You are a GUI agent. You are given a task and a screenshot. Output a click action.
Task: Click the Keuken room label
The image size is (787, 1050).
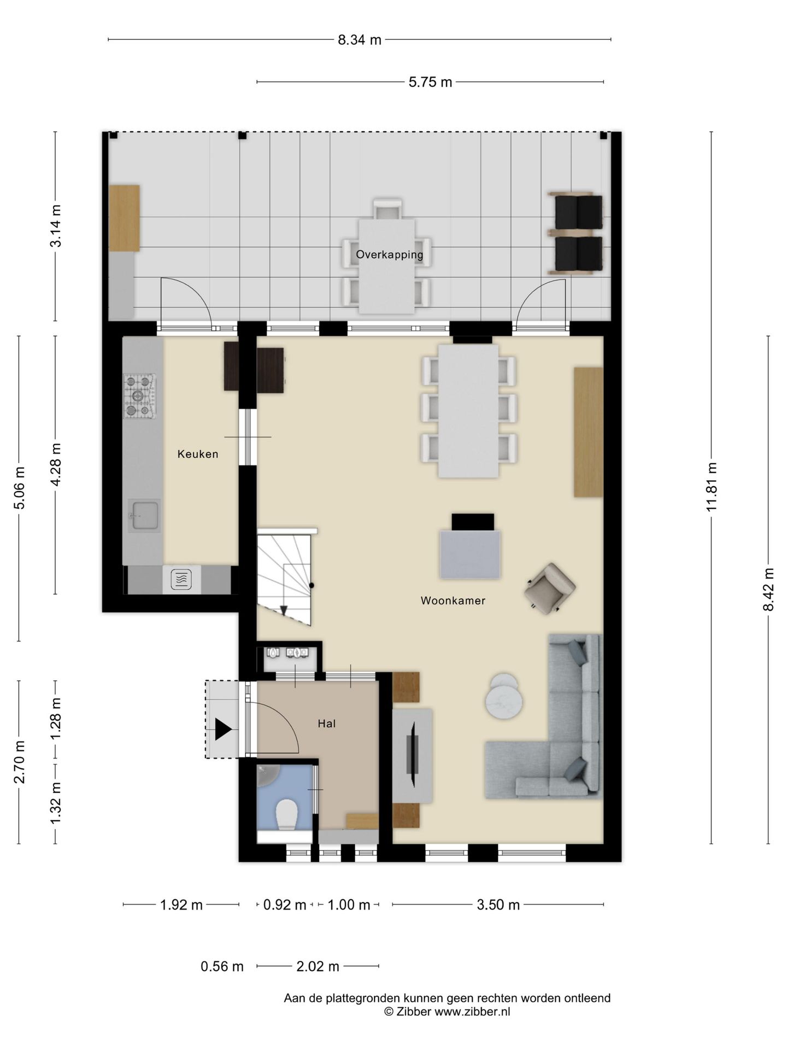coord(198,454)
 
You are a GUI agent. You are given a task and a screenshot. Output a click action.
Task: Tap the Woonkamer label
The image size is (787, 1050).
coord(453,600)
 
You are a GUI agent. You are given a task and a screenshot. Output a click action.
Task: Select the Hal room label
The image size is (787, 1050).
coord(327,724)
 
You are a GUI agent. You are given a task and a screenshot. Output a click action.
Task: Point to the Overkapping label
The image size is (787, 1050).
coord(390,255)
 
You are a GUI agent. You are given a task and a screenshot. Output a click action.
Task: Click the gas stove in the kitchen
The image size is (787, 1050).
coord(139,396)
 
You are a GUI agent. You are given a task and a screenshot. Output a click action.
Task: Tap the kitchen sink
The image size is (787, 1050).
coord(144,515)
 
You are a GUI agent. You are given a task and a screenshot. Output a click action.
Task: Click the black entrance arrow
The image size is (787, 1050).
coord(223,730)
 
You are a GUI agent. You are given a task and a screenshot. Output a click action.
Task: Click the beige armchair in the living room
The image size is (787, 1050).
coord(549,588)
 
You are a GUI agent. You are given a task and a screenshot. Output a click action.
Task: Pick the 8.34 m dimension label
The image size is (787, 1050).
coord(360,39)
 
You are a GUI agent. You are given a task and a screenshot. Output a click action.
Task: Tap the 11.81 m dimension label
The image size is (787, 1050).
coord(711,487)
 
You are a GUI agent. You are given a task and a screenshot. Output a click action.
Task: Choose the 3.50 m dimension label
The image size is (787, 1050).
coord(498,905)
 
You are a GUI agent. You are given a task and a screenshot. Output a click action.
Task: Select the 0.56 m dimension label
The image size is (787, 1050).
coord(222,966)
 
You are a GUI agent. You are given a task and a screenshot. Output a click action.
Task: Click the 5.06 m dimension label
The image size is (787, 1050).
coord(19,488)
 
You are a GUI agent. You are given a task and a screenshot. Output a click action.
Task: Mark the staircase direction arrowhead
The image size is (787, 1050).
coord(284,611)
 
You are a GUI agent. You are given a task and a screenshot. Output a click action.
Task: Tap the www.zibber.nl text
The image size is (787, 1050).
coord(472,1011)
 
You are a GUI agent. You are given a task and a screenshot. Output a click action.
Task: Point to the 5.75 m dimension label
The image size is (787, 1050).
coord(431,82)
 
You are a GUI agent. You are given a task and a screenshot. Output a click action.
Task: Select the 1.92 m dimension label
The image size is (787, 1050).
coord(181,905)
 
